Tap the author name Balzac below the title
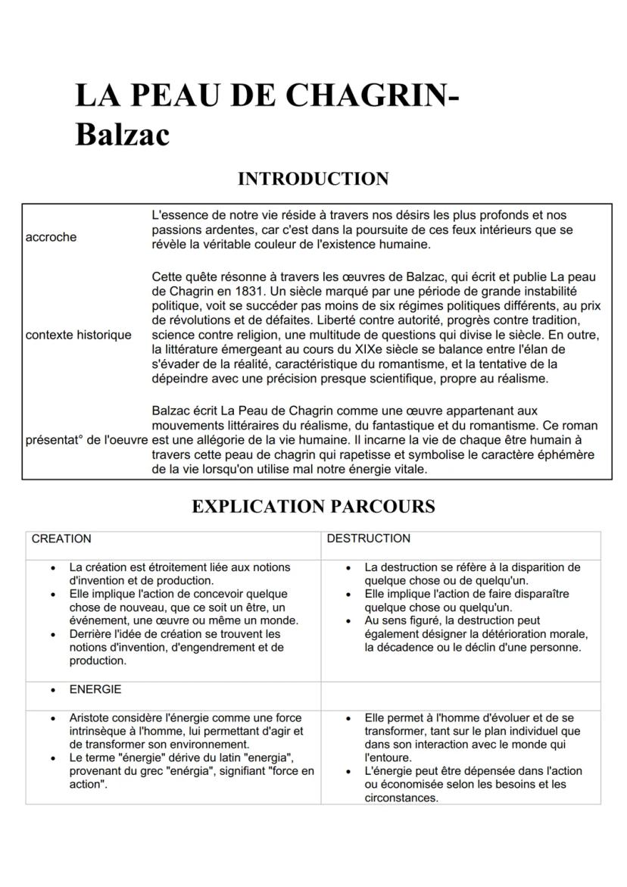point(122,135)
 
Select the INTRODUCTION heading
point(313,179)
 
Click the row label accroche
point(51,237)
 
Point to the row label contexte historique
point(78,335)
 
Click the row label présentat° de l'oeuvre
point(86,440)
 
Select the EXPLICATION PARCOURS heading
point(313,506)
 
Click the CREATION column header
point(61,539)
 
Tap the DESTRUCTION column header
point(368,539)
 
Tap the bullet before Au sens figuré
point(348,621)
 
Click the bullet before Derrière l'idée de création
point(52,634)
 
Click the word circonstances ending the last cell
point(401,798)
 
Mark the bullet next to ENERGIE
point(52,690)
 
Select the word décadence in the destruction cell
point(414,648)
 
